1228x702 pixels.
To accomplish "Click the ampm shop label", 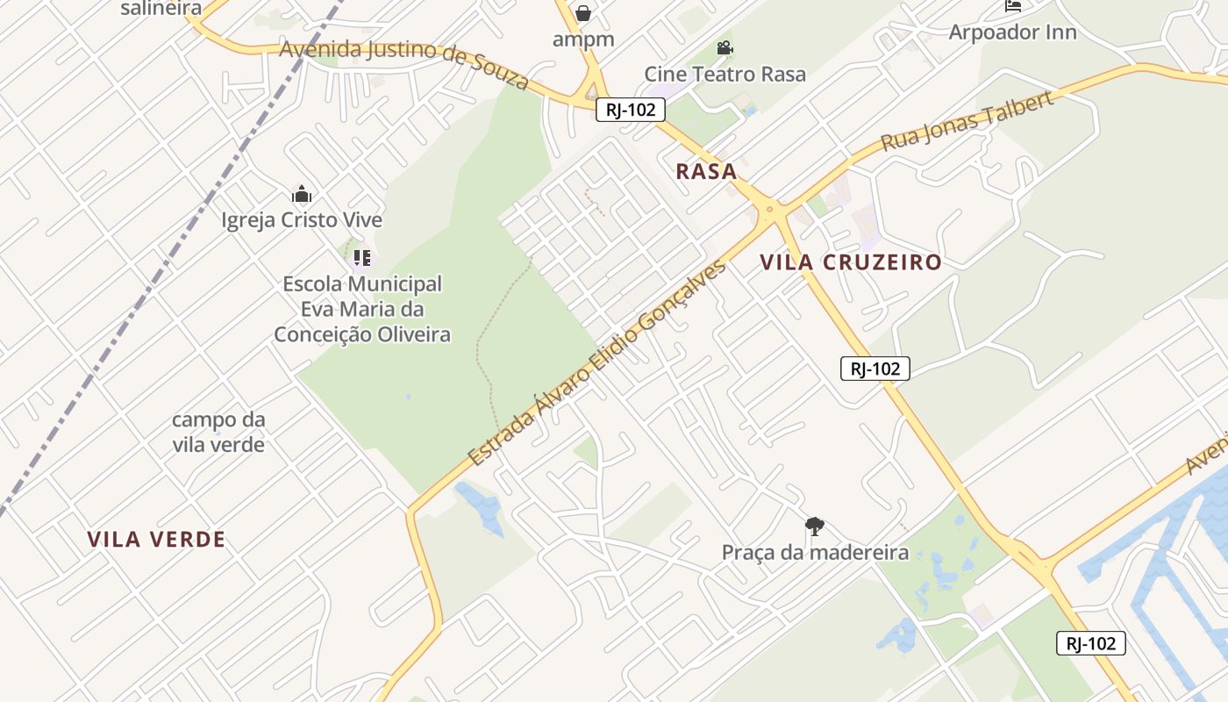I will [582, 39].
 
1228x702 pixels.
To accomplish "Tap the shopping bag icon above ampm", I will [583, 13].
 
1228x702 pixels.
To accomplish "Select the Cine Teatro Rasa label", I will [725, 74].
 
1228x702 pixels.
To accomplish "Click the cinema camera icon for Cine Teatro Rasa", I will [725, 47].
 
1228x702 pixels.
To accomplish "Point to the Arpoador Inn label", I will [1012, 32].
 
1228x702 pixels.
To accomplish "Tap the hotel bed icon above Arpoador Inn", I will [1013, 5].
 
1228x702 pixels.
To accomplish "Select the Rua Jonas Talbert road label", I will [967, 120].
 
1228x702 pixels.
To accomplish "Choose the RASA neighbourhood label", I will [706, 172].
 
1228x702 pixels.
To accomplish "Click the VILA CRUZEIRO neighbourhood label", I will [851, 262].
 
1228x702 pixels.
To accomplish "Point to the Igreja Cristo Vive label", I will [302, 219].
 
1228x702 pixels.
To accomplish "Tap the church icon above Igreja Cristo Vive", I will [302, 194].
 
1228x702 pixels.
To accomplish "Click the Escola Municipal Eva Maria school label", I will [362, 309].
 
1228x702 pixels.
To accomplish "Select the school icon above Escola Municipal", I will [361, 258].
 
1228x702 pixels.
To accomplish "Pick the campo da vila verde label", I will [218, 432].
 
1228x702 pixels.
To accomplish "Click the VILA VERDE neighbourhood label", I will [156, 540].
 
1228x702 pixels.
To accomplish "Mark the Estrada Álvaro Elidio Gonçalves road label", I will [597, 362].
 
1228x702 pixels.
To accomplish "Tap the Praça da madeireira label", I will [815, 552].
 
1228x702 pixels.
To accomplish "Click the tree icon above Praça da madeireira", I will [814, 526].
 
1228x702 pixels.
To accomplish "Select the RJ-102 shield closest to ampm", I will [630, 110].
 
